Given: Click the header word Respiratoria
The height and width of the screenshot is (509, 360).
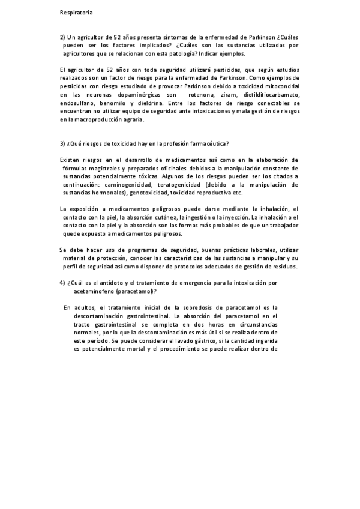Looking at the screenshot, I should click(76, 12).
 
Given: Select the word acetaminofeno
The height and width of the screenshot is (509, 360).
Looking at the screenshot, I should click(97, 291).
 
